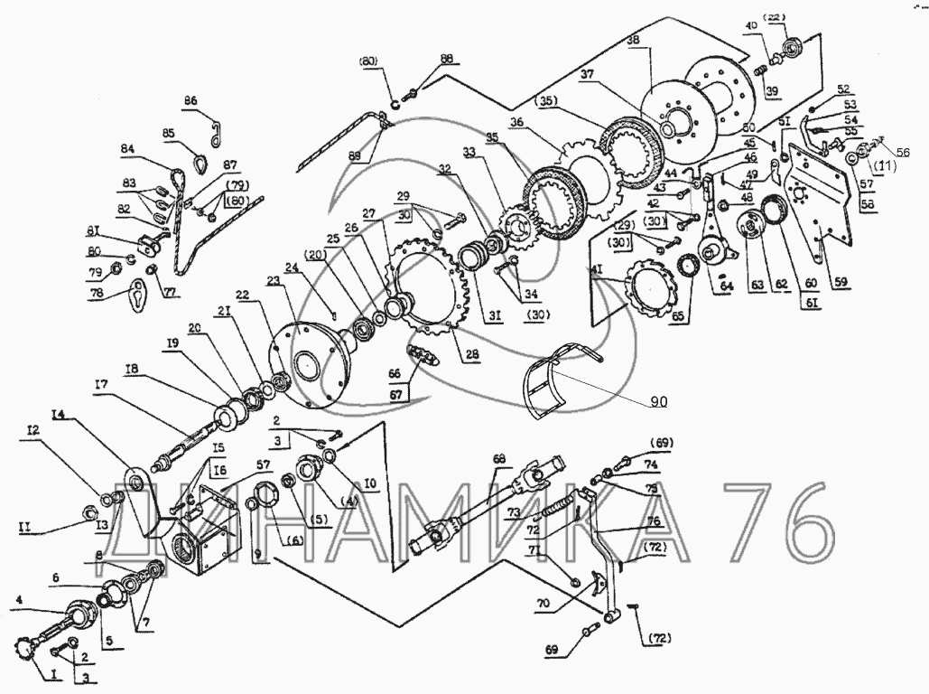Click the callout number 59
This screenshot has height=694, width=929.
tap(841, 280)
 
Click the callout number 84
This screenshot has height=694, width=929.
tap(128, 149)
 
